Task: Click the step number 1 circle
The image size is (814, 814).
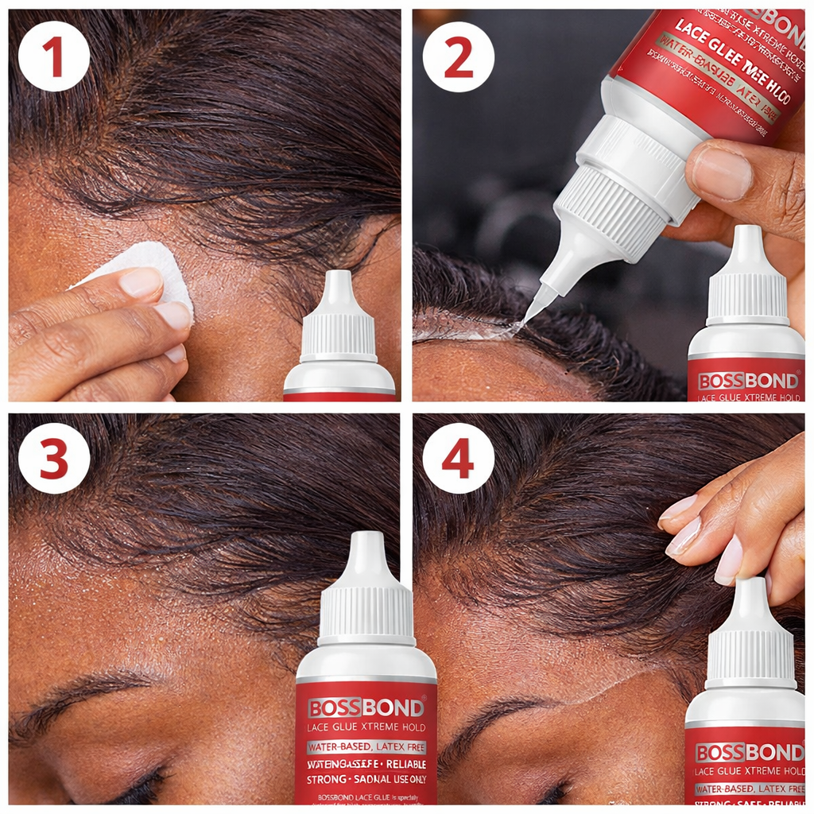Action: [54, 56]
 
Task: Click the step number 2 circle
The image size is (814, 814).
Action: [458, 56]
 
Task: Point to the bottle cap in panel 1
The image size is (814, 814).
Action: [339, 318]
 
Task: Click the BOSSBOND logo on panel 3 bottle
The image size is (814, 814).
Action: [366, 707]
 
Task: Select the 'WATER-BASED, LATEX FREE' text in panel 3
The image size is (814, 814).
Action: [366, 747]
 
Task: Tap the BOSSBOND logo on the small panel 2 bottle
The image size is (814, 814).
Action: [747, 381]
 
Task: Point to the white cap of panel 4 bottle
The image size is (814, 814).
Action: [748, 636]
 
